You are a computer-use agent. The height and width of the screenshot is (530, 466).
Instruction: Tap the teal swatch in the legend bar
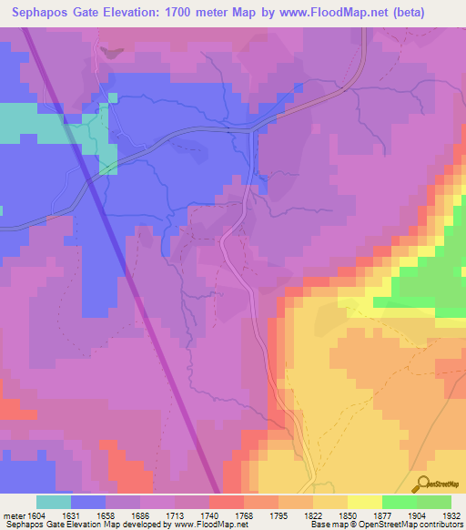click(53, 502)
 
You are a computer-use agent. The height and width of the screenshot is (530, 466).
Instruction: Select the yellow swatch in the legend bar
click(365, 502)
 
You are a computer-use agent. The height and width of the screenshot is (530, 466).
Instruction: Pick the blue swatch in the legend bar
click(87, 502)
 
